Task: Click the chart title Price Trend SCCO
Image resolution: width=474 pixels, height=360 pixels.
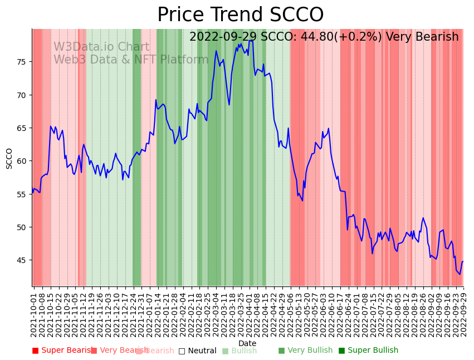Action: coord(240,15)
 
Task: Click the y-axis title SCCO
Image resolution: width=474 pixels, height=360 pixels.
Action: coord(9,158)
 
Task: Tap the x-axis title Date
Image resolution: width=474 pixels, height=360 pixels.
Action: coord(247,344)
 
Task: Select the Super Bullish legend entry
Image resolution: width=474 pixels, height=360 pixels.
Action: coord(368,351)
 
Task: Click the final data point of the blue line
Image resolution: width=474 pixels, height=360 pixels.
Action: coord(463,261)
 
